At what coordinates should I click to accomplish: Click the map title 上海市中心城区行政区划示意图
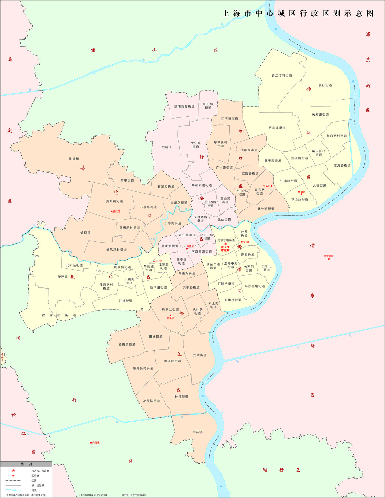(x=298, y=13)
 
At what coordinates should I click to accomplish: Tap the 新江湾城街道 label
(x=282, y=76)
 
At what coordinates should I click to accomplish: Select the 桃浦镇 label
(x=74, y=159)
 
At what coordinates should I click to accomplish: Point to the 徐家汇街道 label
(x=170, y=309)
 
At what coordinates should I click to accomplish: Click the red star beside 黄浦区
(x=242, y=242)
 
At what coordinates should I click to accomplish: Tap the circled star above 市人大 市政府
(x=225, y=244)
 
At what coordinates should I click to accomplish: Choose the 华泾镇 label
(x=197, y=432)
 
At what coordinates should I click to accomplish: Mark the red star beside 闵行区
(x=91, y=443)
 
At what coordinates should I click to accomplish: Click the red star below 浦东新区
(x=329, y=259)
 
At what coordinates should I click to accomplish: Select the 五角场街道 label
(x=277, y=128)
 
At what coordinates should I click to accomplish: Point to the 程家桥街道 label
(x=59, y=315)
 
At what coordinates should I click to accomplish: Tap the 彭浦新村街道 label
(x=184, y=107)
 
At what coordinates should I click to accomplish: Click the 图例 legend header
(x=26, y=464)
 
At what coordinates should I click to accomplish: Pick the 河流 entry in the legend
(x=34, y=491)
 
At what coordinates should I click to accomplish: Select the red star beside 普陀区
(x=111, y=211)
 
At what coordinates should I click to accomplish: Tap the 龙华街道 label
(x=200, y=355)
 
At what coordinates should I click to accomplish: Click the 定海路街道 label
(x=342, y=166)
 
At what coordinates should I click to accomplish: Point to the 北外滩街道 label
(x=266, y=209)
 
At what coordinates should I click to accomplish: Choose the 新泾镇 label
(x=63, y=277)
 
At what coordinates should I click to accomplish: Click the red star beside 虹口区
(x=272, y=186)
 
